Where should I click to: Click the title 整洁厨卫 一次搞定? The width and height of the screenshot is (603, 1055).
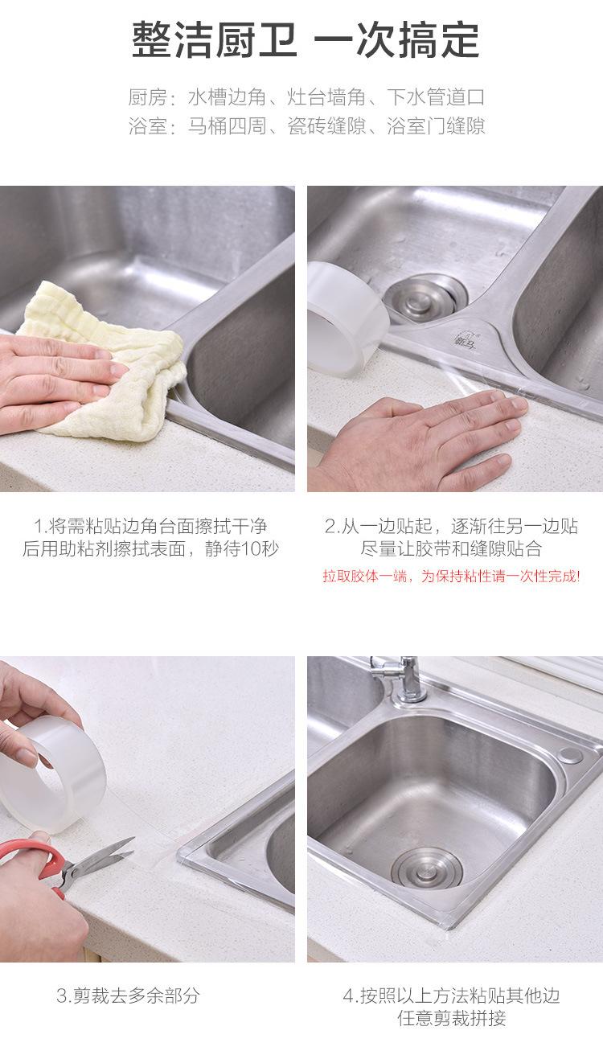point(306,40)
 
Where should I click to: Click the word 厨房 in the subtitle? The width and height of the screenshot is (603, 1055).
point(147,97)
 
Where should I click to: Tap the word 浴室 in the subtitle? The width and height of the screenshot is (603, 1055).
point(147,125)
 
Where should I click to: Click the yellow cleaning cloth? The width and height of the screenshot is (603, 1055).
point(109,358)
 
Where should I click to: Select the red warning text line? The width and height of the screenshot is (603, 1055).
point(451,576)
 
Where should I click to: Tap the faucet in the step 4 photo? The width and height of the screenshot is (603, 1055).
point(400,678)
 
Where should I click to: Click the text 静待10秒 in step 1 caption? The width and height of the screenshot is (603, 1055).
point(242,548)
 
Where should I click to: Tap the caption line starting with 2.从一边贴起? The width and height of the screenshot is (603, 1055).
point(451,526)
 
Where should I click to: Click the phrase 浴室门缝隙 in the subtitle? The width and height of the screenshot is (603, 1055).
point(436,125)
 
